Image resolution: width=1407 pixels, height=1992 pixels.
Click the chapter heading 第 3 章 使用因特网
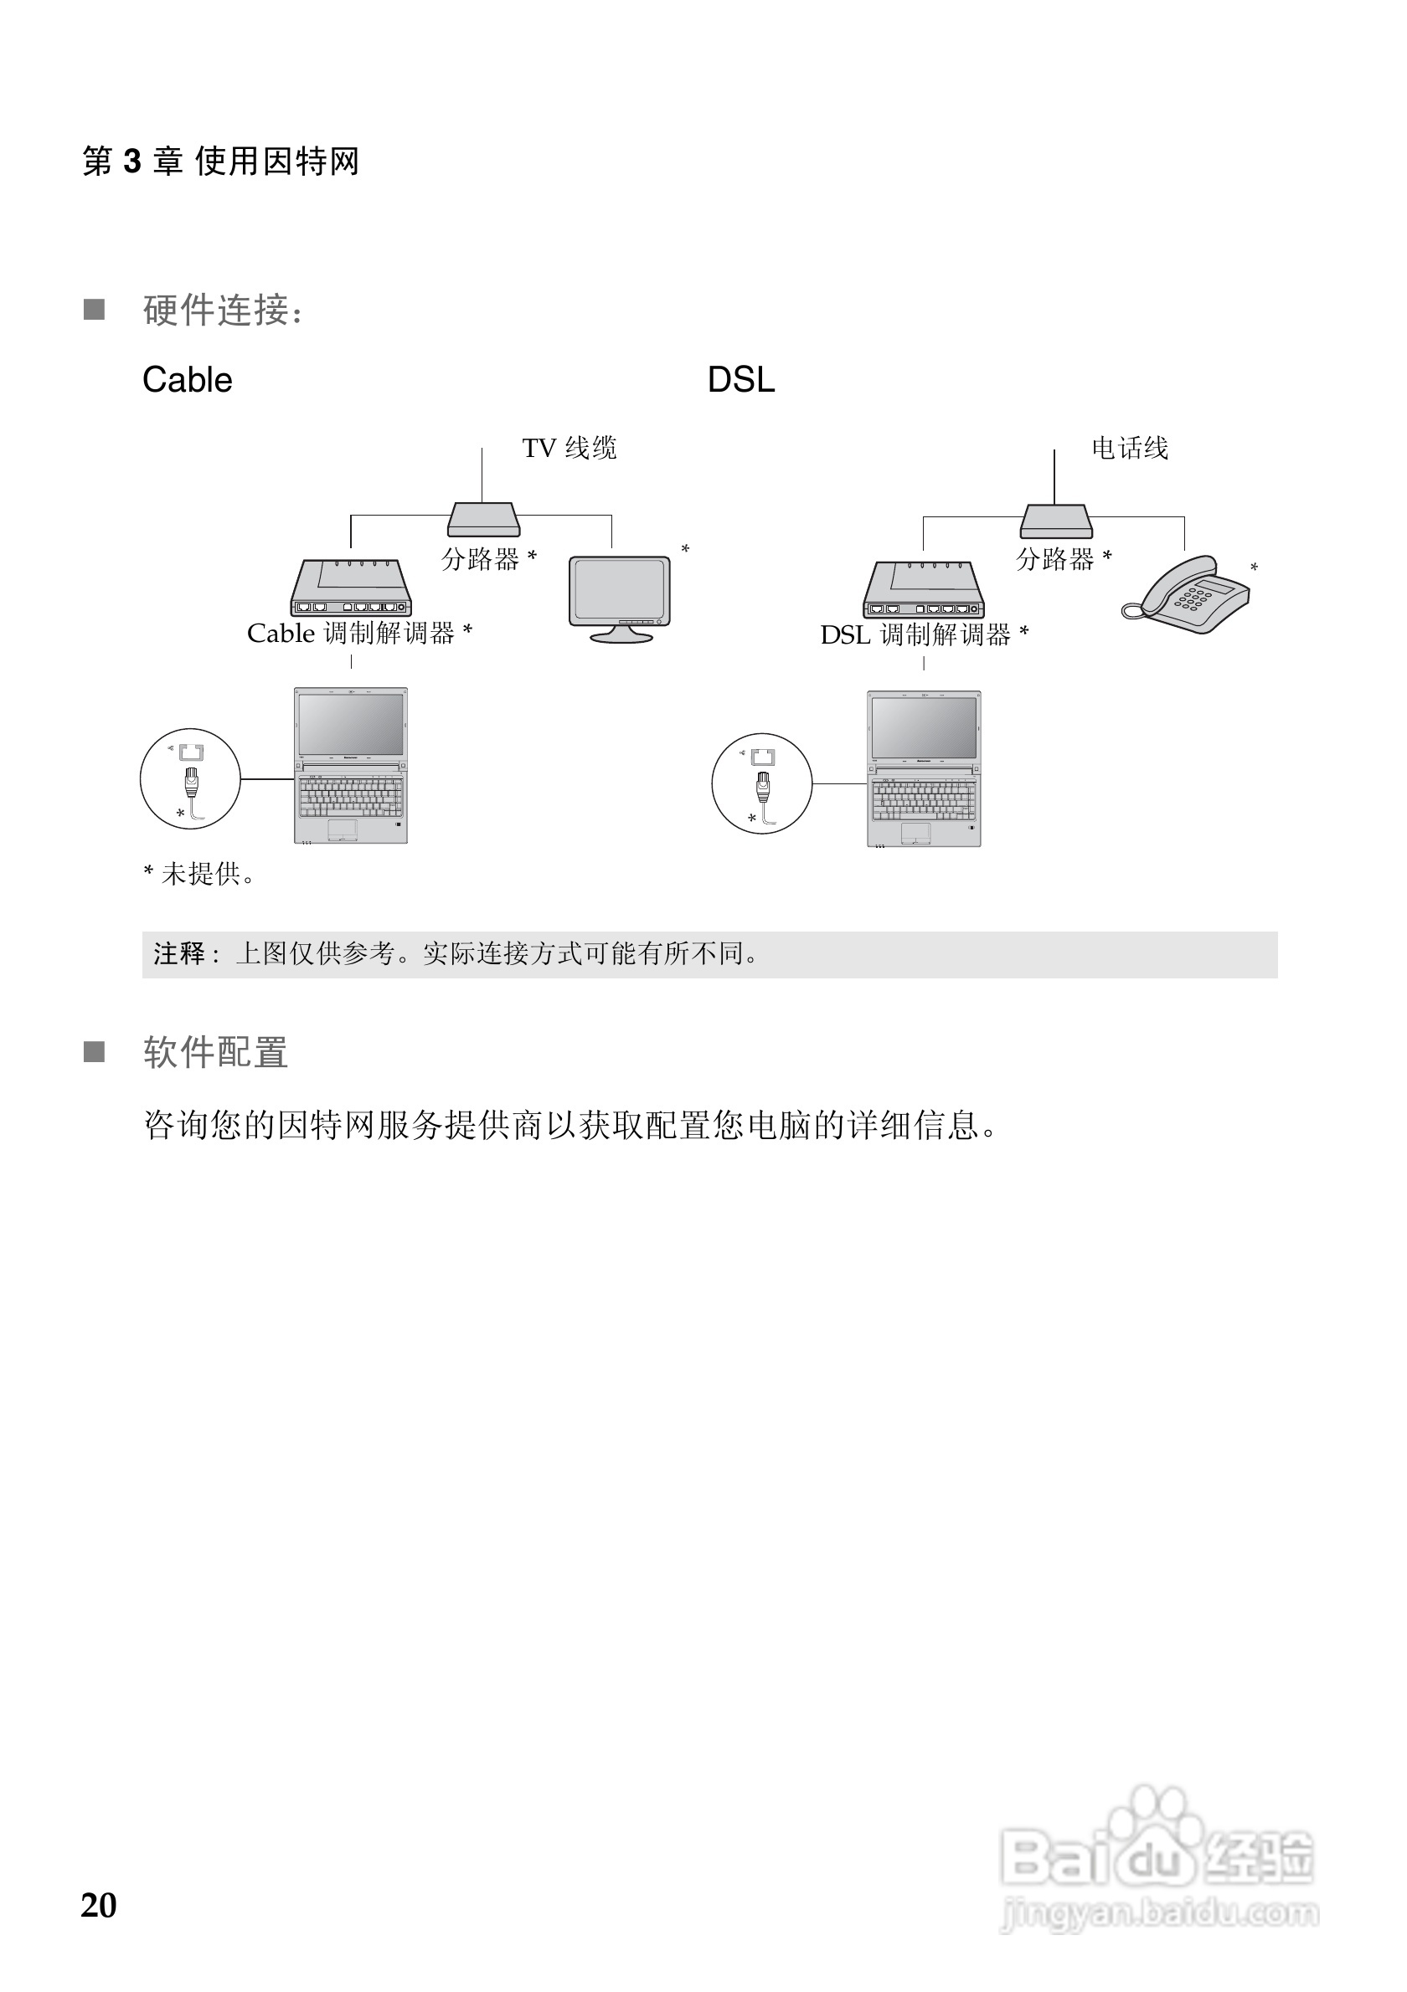tap(220, 162)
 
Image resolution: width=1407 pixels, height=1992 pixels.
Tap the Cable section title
tap(187, 380)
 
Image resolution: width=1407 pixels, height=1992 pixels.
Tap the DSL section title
tap(740, 380)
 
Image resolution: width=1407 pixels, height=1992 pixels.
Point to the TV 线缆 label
tap(569, 449)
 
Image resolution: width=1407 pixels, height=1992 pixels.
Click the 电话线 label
tap(1129, 449)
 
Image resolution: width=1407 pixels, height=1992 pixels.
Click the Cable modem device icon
tap(351, 588)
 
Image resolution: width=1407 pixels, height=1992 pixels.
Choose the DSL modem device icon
tap(924, 590)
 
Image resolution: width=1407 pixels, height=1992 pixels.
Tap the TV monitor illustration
tap(620, 597)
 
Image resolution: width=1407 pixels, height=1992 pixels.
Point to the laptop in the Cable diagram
tap(351, 765)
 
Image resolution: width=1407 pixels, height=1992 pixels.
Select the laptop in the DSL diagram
tap(924, 768)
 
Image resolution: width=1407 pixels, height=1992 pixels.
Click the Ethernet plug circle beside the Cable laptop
tap(190, 778)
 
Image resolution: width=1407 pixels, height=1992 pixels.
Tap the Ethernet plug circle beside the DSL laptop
tap(761, 783)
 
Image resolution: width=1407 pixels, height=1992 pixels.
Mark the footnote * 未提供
tap(198, 874)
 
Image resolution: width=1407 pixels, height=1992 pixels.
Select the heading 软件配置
tap(215, 1052)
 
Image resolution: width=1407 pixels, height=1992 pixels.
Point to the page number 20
tap(98, 1905)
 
